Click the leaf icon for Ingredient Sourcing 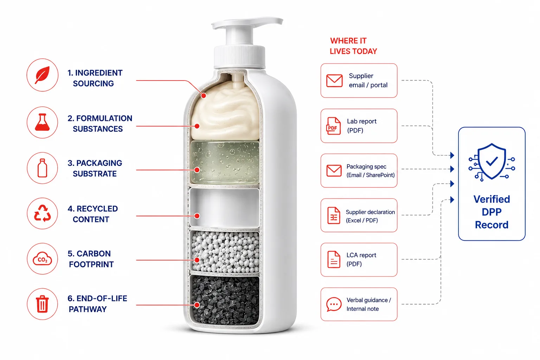coord(43,75)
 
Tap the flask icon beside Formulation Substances coord(42,122)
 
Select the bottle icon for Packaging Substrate coord(43,168)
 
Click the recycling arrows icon coord(43,213)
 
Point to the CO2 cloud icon coord(42,259)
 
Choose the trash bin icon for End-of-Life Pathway coord(42,304)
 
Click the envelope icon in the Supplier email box coord(334,81)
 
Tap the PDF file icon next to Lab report coord(333,126)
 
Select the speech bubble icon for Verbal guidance coord(334,304)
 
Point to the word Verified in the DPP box coord(491,199)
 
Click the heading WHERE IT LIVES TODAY coord(353,46)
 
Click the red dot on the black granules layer coord(197,305)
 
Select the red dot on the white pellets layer coord(197,260)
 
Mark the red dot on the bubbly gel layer coord(197,170)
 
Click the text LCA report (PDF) coord(361,259)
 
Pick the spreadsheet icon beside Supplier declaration coord(334,215)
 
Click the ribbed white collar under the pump coord(240,57)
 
